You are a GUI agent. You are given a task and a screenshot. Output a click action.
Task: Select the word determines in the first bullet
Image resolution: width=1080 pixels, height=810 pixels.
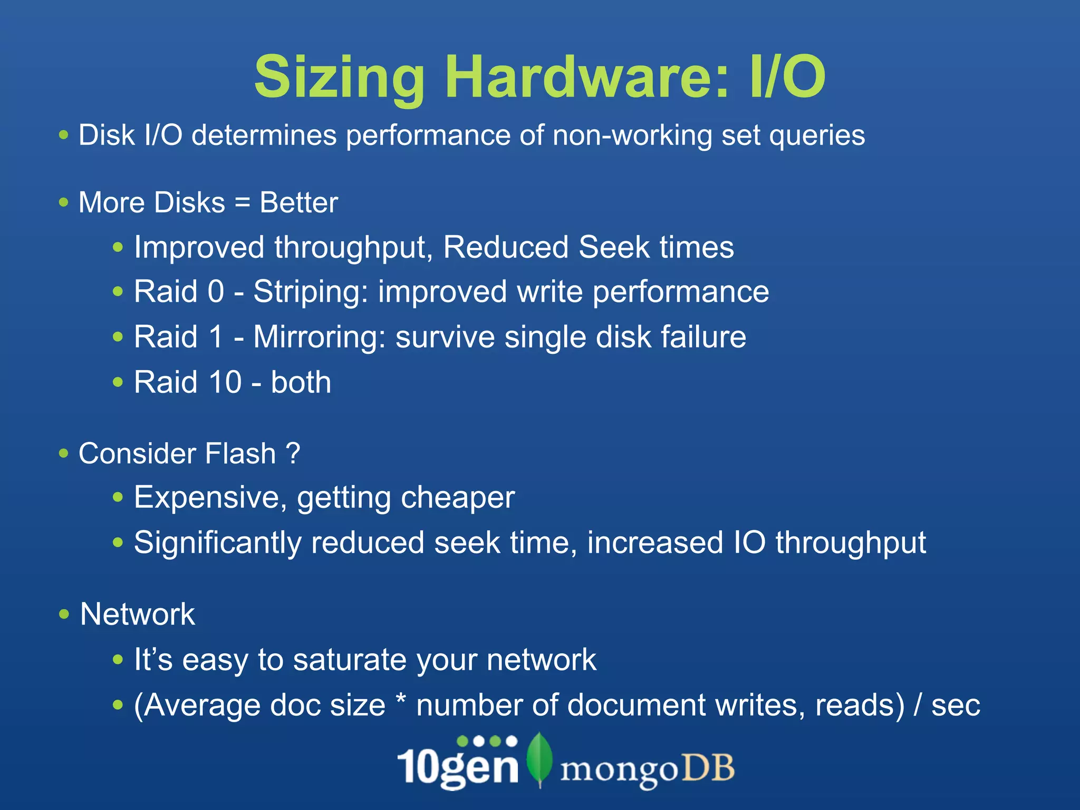pyautogui.click(x=264, y=135)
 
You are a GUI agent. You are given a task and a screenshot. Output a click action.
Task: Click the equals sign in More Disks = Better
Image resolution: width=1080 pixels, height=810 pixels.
pyautogui.click(x=243, y=203)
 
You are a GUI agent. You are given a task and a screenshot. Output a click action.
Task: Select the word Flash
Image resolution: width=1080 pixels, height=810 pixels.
pyautogui.click(x=240, y=454)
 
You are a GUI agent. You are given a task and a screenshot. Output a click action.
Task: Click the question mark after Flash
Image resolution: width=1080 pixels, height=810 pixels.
pyautogui.click(x=293, y=454)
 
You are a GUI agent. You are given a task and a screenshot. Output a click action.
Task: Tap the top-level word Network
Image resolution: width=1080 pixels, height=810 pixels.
pyautogui.click(x=137, y=614)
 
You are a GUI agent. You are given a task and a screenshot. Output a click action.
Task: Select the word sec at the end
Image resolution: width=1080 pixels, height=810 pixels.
pyautogui.click(x=955, y=706)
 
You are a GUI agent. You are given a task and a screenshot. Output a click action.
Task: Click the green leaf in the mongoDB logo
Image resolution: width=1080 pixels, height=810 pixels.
pyautogui.click(x=539, y=759)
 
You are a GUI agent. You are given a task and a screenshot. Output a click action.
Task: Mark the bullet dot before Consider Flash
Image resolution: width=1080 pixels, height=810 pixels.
pyautogui.click(x=64, y=454)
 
